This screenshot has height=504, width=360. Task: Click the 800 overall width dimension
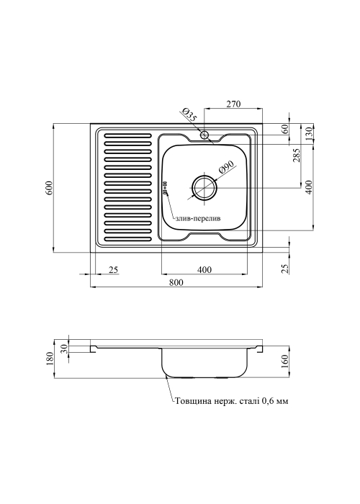(x=176, y=282)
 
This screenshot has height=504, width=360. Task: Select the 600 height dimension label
(x=49, y=188)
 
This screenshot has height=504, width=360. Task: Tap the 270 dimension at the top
(x=234, y=104)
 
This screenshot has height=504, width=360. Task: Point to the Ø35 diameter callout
(x=189, y=115)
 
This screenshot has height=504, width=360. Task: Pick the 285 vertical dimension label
(x=297, y=155)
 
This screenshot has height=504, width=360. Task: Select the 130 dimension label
(x=310, y=132)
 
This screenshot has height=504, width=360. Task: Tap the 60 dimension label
(x=284, y=129)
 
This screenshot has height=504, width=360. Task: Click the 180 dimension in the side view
(x=50, y=359)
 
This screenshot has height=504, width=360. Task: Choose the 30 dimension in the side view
(x=63, y=348)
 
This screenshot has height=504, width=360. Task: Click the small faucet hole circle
(x=204, y=135)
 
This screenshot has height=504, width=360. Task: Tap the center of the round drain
(x=204, y=188)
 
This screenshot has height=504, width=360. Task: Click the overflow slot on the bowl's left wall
(x=165, y=189)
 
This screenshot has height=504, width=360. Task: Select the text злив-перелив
(x=198, y=219)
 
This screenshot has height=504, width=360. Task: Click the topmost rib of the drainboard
(x=128, y=135)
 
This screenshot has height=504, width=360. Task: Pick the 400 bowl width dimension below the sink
(x=204, y=269)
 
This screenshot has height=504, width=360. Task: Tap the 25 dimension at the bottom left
(x=114, y=269)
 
